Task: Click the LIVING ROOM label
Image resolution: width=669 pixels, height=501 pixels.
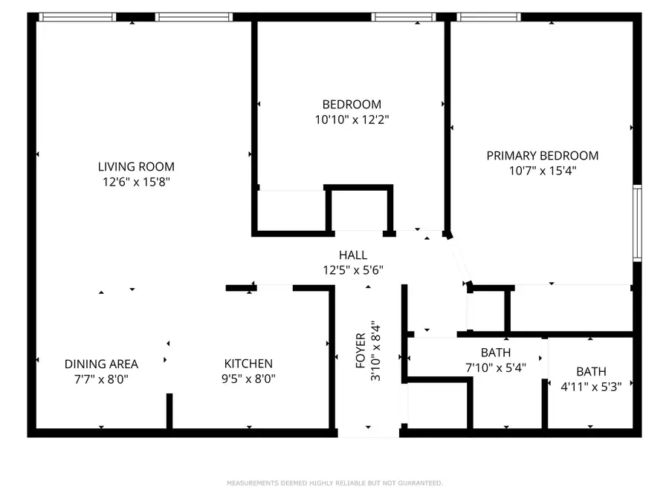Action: tap(136, 167)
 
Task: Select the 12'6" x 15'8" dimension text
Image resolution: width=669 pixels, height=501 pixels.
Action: tap(136, 181)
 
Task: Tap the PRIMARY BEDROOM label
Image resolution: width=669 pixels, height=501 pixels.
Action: tap(542, 156)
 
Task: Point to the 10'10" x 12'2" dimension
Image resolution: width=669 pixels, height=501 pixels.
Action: tap(351, 119)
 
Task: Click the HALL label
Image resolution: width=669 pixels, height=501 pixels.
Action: tap(353, 255)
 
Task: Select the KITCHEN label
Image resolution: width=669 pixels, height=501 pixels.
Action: tap(248, 364)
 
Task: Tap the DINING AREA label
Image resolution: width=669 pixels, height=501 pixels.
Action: tap(101, 364)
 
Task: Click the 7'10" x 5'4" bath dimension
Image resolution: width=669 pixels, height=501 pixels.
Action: tap(496, 367)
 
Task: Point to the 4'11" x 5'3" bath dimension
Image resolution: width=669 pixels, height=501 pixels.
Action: tap(591, 385)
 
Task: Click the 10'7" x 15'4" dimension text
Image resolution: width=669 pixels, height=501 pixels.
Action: tap(542, 170)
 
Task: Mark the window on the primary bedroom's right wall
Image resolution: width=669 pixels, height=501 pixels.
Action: tap(637, 223)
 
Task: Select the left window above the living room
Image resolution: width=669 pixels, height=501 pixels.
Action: tap(77, 16)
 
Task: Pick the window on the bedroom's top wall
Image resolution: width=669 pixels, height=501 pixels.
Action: tap(403, 16)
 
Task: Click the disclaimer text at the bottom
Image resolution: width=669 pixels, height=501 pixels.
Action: tap(334, 483)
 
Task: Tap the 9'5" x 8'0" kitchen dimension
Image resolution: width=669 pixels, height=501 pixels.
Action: tap(248, 378)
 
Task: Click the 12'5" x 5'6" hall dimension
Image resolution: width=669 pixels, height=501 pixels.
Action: tap(353, 269)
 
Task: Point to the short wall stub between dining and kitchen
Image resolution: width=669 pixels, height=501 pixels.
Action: tap(169, 411)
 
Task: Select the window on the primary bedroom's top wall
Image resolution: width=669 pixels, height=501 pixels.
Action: tap(488, 16)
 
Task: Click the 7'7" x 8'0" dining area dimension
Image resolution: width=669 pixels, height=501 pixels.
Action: tap(101, 378)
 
